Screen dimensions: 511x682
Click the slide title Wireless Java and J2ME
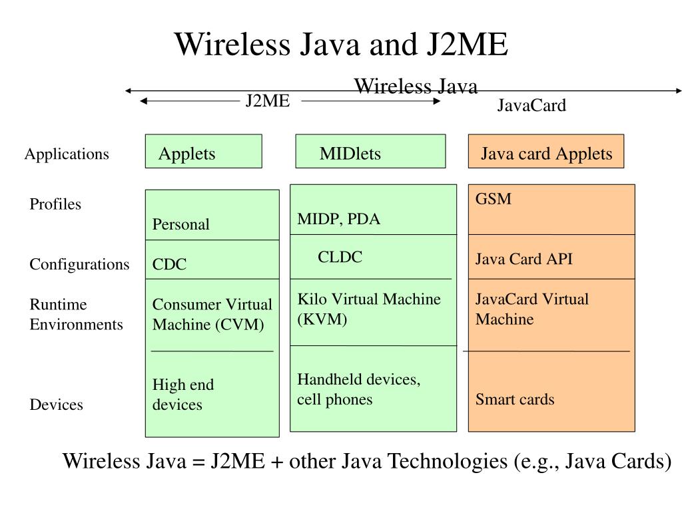pyautogui.click(x=341, y=45)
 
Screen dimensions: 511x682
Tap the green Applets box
pyautogui.click(x=203, y=151)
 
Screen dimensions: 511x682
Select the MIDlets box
pyautogui.click(x=370, y=151)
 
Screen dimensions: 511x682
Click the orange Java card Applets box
pyautogui.click(x=546, y=151)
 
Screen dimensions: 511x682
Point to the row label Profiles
pyautogui.click(x=55, y=204)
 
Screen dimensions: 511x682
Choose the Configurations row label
pyautogui.click(x=79, y=265)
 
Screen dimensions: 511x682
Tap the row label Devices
pyautogui.click(x=56, y=405)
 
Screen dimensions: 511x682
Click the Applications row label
pyautogui.click(x=67, y=154)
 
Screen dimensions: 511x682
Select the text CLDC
pyautogui.click(x=340, y=257)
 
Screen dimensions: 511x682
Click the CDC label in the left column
pyautogui.click(x=169, y=265)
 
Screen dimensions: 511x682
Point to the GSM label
pyautogui.click(x=493, y=199)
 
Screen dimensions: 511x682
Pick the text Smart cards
pyautogui.click(x=515, y=399)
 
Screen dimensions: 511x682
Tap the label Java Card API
pyautogui.click(x=523, y=259)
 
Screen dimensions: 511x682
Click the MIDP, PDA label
pyautogui.click(x=338, y=220)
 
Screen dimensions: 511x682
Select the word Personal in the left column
pyautogui.click(x=180, y=224)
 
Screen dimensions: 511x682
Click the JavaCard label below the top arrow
pyautogui.click(x=531, y=105)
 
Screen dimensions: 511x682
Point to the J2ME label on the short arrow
pyautogui.click(x=267, y=100)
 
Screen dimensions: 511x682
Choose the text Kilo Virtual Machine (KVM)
pyautogui.click(x=368, y=309)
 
